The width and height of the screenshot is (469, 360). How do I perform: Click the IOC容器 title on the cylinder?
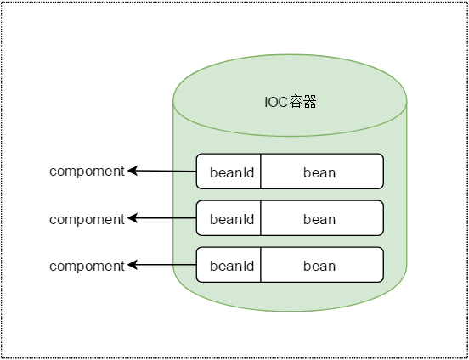pos(291,102)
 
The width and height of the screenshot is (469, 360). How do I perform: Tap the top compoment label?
pos(87,172)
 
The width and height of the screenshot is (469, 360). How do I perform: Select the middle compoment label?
pos(87,219)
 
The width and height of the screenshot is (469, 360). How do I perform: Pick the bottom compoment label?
pos(87,266)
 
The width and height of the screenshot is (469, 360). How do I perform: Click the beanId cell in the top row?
pos(229,172)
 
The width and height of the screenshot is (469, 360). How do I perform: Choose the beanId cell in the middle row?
pos(229,218)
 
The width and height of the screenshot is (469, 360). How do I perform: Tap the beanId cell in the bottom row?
pos(229,265)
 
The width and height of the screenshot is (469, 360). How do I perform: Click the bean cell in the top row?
pos(322,172)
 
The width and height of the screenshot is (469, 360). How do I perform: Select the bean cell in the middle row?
pos(322,218)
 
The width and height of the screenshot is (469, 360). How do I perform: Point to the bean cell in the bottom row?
pos(322,265)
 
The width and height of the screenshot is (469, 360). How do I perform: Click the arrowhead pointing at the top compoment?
pos(132,171)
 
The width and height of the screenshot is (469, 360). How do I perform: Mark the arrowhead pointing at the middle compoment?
pos(132,218)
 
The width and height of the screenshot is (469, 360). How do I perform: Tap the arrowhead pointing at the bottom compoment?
pos(132,265)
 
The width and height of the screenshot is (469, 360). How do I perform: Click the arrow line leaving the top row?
pos(162,171)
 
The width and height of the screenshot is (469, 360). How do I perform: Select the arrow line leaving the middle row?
pos(162,218)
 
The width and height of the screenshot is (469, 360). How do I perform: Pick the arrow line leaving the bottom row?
pos(162,265)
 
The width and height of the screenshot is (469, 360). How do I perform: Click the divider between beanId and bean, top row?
pos(261,172)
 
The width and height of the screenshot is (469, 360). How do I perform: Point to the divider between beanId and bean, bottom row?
pos(261,265)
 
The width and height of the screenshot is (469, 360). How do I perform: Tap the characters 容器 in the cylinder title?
pos(303,102)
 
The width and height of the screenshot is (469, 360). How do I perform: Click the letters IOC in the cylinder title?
pos(277,103)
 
